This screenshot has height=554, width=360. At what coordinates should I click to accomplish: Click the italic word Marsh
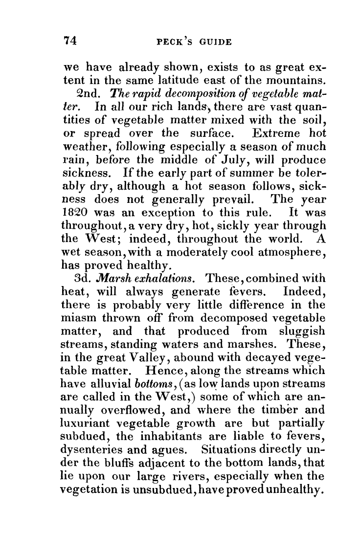114,279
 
